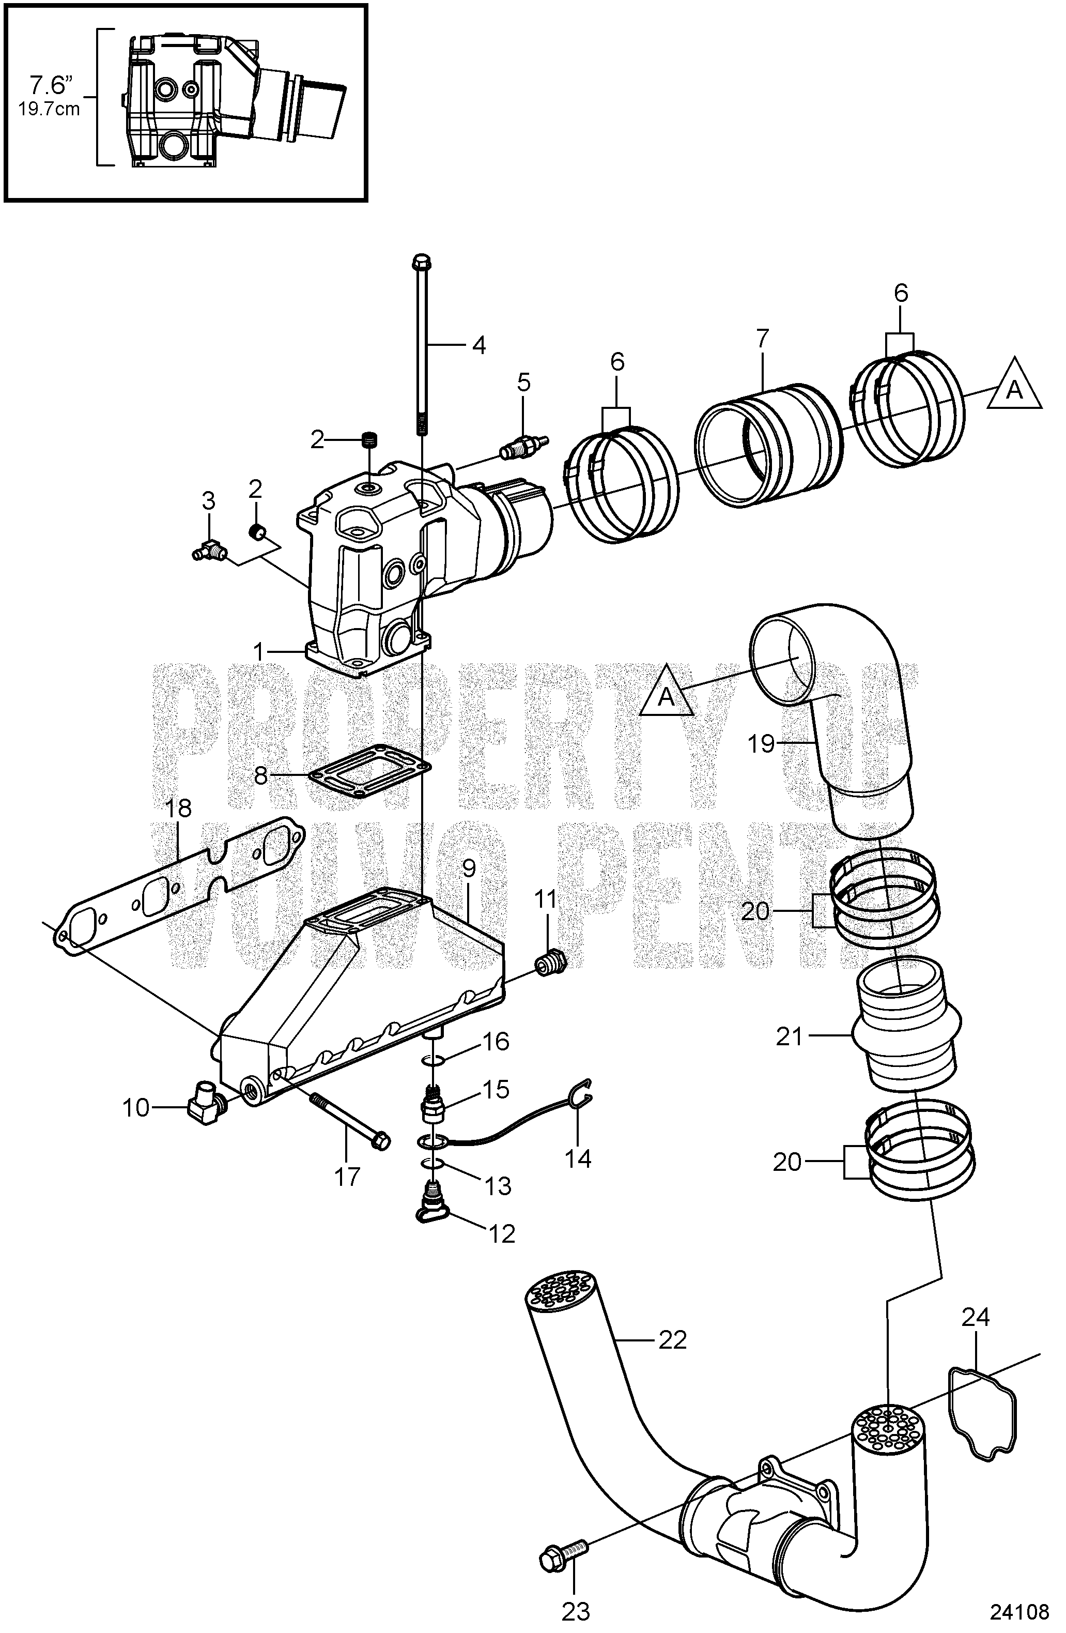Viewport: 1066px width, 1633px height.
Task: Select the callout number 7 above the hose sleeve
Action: (x=763, y=338)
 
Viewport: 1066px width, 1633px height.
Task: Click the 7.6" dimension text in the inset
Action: (x=50, y=86)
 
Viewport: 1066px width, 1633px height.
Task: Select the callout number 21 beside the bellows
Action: (x=789, y=1037)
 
